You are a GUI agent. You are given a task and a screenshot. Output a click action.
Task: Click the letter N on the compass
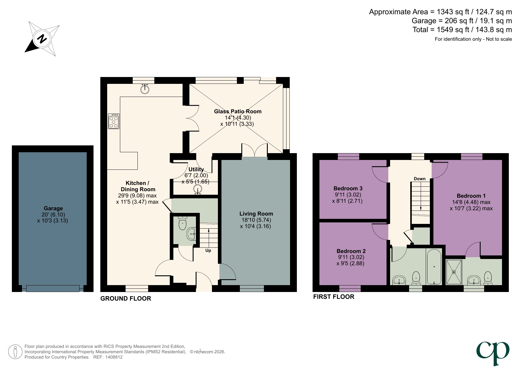click(42, 39)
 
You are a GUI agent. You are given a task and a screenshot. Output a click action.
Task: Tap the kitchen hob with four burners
click(114, 121)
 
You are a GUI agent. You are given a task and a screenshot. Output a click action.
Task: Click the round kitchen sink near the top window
click(145, 89)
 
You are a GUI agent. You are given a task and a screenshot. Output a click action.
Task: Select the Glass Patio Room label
click(237, 112)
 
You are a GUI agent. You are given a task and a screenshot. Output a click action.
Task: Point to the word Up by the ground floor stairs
click(208, 251)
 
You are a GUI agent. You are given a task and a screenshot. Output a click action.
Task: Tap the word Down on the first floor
click(419, 179)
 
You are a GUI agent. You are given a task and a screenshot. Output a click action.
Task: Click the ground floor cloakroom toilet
click(183, 224)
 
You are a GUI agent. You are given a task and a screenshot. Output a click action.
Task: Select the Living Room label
click(256, 214)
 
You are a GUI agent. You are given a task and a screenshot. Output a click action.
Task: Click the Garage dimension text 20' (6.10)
click(53, 215)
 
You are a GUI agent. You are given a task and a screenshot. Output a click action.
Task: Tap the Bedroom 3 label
click(348, 189)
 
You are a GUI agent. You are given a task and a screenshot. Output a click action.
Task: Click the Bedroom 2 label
click(351, 251)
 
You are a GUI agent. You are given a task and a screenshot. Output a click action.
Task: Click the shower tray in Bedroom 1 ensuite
click(454, 272)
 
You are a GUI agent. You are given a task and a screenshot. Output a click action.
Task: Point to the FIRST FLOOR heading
click(334, 297)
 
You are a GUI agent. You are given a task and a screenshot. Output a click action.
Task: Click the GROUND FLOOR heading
click(126, 299)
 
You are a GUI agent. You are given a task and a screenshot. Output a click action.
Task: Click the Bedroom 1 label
click(471, 196)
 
